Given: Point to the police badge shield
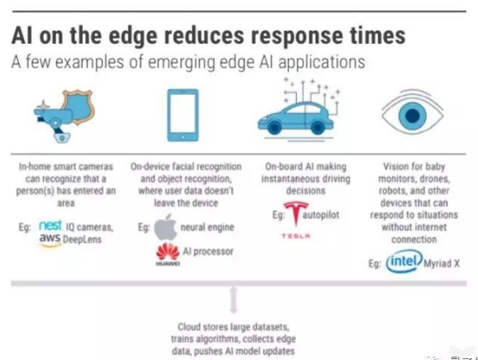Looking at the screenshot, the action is click(x=79, y=105).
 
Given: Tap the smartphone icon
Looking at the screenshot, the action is click(x=183, y=115).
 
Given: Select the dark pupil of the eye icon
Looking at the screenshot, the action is click(x=412, y=116).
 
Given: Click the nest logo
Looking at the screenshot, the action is click(x=50, y=225).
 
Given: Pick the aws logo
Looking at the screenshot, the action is click(x=50, y=239).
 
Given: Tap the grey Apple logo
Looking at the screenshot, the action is click(x=166, y=227).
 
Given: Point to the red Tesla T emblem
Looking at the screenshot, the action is click(x=296, y=213).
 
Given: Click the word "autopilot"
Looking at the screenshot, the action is click(x=321, y=215).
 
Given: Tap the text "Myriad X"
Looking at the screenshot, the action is click(x=442, y=263).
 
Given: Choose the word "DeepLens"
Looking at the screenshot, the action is click(x=82, y=239).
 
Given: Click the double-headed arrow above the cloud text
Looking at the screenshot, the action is click(x=234, y=300).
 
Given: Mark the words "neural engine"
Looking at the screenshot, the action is click(x=207, y=227).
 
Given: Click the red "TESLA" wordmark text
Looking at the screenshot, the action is click(x=296, y=236).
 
